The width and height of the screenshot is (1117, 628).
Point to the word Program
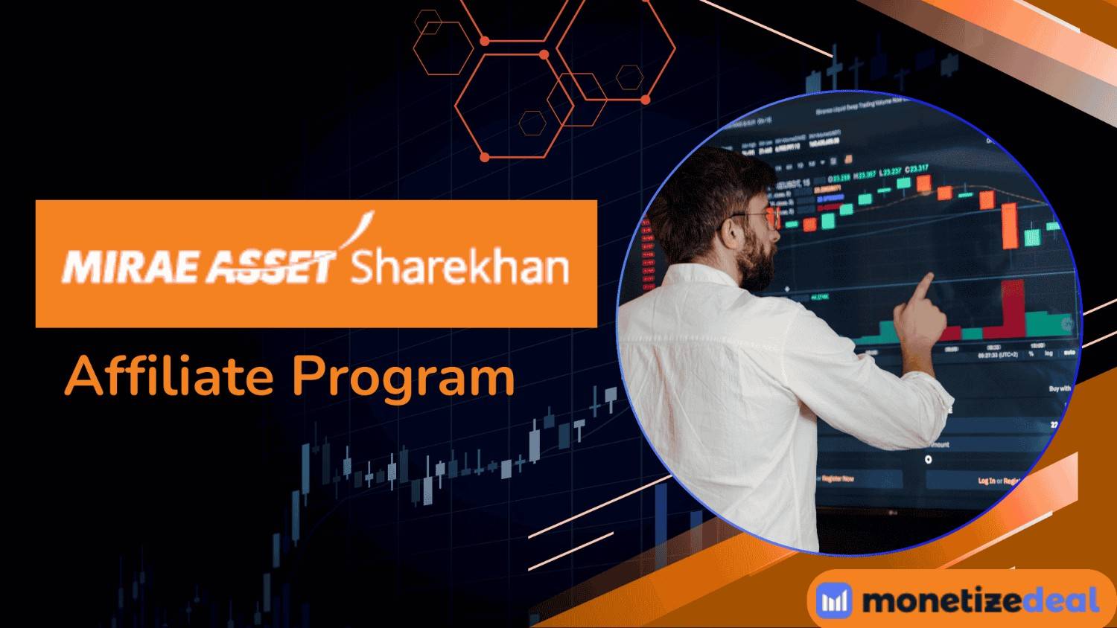403,378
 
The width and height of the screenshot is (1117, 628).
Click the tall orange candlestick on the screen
1010,223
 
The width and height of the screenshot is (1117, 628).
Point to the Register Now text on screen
837,478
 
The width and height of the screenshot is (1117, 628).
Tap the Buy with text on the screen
1059,388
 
